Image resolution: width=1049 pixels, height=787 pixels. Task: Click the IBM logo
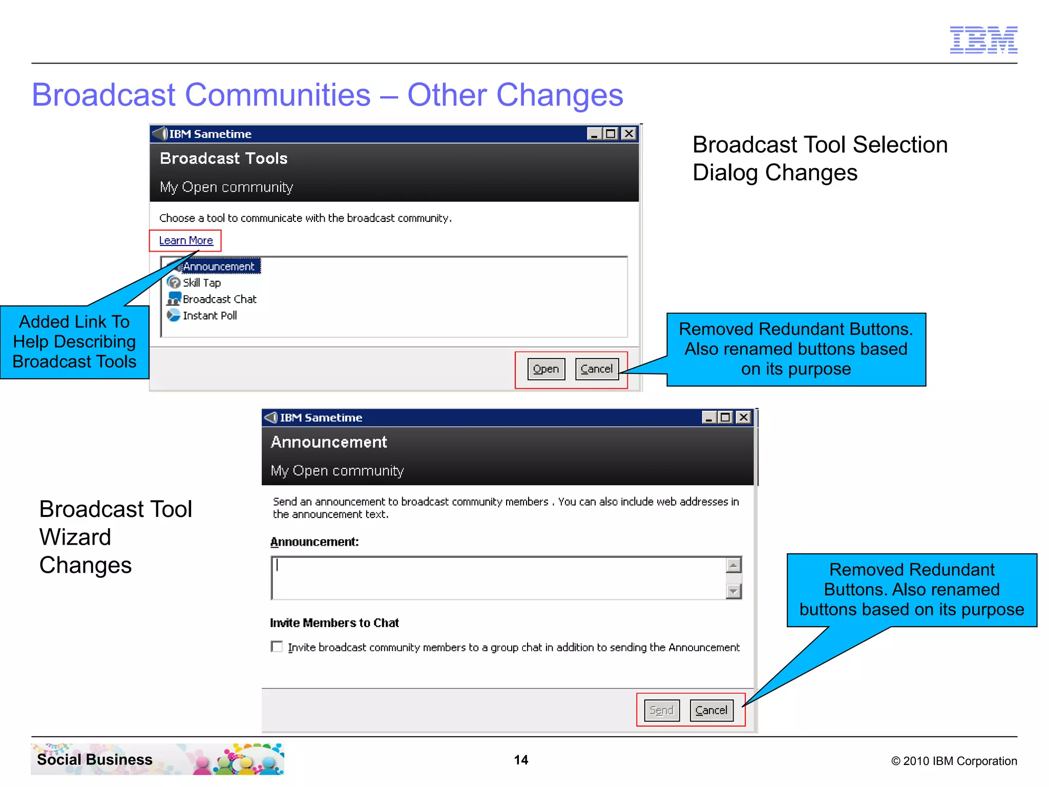click(x=983, y=40)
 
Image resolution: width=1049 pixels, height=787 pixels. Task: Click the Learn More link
click(x=186, y=240)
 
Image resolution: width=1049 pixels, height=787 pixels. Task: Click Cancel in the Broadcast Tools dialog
click(x=597, y=369)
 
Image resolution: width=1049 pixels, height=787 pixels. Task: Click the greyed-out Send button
click(x=661, y=710)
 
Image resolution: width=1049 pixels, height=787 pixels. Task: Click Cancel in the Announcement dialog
click(x=711, y=710)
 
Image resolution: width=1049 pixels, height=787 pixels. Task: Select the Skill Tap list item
click(x=202, y=283)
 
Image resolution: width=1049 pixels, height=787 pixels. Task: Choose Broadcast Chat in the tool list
click(x=219, y=299)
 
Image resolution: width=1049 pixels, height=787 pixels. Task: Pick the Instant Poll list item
click(x=209, y=316)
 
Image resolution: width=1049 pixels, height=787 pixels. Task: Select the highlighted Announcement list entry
click(x=219, y=266)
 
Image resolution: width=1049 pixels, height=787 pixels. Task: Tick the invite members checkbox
click(x=277, y=647)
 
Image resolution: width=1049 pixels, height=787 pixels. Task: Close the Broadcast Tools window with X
click(x=628, y=134)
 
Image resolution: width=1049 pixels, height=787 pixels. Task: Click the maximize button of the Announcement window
click(x=725, y=418)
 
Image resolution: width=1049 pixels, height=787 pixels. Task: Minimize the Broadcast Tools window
click(x=594, y=134)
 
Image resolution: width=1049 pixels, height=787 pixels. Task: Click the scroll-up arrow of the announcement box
click(x=733, y=565)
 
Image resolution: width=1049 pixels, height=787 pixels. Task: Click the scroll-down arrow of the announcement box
click(x=733, y=591)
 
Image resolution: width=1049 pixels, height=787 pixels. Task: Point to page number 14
click(x=521, y=760)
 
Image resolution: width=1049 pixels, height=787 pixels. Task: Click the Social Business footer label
click(x=95, y=759)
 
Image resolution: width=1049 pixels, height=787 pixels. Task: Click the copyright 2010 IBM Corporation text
click(x=954, y=761)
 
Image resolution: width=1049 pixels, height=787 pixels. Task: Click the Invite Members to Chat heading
click(x=334, y=623)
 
